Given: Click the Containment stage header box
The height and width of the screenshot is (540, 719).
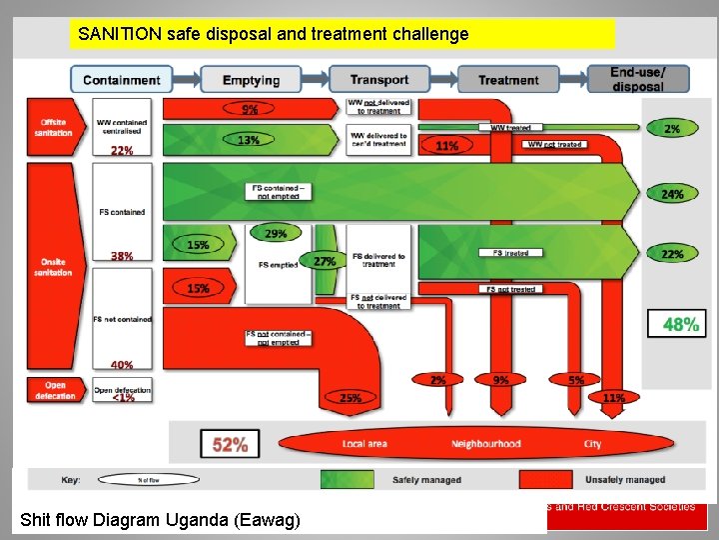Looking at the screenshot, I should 121,80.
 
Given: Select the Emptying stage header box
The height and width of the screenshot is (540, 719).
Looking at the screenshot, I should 251,80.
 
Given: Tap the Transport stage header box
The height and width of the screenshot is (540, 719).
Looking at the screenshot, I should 379,80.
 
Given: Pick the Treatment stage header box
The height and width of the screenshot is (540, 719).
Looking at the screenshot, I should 507,80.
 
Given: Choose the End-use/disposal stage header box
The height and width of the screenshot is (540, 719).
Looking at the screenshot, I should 637,80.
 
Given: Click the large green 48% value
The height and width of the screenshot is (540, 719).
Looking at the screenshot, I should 681,323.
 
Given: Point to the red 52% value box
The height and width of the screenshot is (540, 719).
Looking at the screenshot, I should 230,443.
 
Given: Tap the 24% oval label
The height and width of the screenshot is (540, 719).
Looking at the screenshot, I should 672,194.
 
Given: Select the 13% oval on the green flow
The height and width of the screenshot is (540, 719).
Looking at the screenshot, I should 248,140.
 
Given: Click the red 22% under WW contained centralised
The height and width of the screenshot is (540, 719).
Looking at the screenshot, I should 122,151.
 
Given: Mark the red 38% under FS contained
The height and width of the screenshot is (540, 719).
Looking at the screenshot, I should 122,256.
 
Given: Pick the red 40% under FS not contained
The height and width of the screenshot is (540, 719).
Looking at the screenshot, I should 122,365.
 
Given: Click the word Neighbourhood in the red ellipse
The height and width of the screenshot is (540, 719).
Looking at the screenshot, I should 486,443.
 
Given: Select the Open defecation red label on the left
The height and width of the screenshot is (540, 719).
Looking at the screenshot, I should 55,390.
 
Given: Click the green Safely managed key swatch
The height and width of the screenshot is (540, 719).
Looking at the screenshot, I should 348,480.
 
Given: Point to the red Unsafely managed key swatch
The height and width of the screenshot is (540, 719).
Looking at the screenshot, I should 545,480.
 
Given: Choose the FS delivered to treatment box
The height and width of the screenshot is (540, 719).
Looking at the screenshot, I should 378,260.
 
